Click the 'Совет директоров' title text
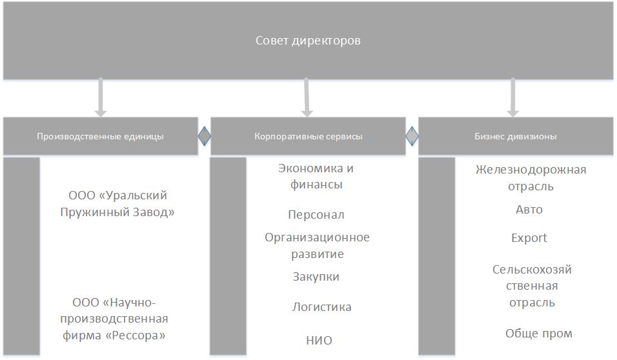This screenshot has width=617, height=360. pyautogui.click(x=308, y=41)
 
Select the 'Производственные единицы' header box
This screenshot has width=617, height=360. pyautogui.click(x=100, y=136)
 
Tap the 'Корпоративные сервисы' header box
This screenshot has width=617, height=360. pyautogui.click(x=308, y=136)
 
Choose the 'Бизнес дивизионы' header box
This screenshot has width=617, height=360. pyautogui.click(x=516, y=136)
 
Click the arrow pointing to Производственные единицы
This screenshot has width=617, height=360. pyautogui.click(x=101, y=97)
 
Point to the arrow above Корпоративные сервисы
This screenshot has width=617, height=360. pyautogui.click(x=307, y=97)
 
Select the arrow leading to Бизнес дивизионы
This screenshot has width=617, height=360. pyautogui.click(x=512, y=97)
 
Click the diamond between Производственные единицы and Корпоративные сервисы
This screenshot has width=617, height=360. pyautogui.click(x=204, y=136)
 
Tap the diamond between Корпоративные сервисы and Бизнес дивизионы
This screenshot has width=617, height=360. pyautogui.click(x=412, y=136)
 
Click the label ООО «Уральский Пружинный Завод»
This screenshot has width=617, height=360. pyautogui.click(x=117, y=204)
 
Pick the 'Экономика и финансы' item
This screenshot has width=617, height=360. pyautogui.click(x=316, y=176)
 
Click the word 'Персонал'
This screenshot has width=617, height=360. pyautogui.click(x=316, y=215)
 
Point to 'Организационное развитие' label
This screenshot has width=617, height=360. pyautogui.click(x=317, y=246)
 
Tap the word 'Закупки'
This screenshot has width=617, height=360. pyautogui.click(x=316, y=277)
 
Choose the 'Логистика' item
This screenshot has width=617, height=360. pyautogui.click(x=321, y=307)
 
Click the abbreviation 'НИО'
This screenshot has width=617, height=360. pyautogui.click(x=319, y=341)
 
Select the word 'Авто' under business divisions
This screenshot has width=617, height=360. pyautogui.click(x=529, y=210)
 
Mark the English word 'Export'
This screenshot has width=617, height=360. pyautogui.click(x=529, y=238)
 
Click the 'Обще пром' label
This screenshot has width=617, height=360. pyautogui.click(x=539, y=334)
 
